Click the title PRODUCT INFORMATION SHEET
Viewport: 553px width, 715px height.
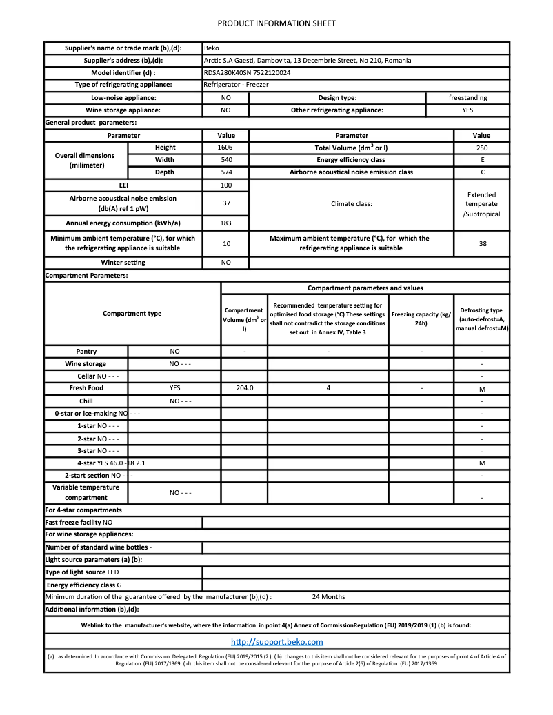point(276,23)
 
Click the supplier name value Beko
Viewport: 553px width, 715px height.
point(212,48)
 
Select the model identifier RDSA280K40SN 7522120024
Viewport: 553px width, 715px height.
point(247,72)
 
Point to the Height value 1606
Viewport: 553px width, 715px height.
point(225,148)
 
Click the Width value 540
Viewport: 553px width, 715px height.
point(225,160)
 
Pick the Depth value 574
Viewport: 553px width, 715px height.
point(225,172)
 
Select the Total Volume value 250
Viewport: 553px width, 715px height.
point(481,148)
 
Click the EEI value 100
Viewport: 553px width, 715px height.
point(225,185)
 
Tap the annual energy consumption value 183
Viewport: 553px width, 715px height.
point(225,223)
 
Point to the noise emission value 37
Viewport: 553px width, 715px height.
point(225,203)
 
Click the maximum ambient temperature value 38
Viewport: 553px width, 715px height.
point(481,243)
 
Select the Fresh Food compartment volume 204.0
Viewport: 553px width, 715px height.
point(244,388)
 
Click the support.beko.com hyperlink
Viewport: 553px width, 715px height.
point(276,642)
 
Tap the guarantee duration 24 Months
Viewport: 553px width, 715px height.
point(328,597)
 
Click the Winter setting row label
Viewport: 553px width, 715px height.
point(123,263)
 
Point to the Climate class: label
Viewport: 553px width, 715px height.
point(352,204)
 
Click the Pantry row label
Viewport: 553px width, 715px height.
point(86,352)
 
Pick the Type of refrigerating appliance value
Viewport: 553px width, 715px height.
point(237,85)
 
